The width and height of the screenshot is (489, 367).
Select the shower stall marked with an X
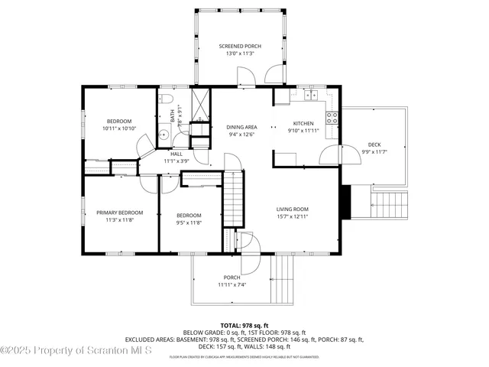coord(201,104)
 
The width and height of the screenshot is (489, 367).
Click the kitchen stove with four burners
coord(332,118)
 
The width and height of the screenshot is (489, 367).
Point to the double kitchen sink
coord(310,95)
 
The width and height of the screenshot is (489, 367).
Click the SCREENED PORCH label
coord(240,46)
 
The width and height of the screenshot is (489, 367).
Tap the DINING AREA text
coord(241,127)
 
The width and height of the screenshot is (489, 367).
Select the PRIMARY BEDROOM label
coord(119,213)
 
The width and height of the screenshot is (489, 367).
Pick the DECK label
coord(374,145)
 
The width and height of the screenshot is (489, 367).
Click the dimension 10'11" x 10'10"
coord(119,128)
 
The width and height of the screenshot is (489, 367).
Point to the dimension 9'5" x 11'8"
coord(189,222)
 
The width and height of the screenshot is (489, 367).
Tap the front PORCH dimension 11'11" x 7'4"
coord(232,285)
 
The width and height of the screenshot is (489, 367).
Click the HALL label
coord(176,154)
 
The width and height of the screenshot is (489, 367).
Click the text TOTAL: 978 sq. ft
coord(244,325)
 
